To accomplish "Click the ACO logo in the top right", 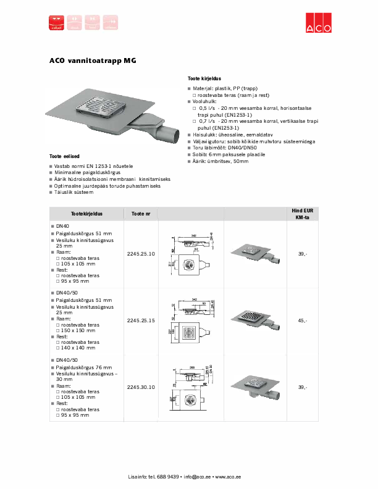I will click(319, 23).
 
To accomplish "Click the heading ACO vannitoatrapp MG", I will click(93, 61).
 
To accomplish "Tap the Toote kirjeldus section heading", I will click(204, 79).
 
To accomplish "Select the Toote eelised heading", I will click(65, 156).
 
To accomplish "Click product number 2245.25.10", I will click(141, 254).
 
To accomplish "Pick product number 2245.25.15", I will click(141, 320).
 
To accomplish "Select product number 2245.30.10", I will click(141, 387).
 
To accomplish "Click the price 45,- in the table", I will click(302, 320).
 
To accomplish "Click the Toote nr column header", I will click(141, 214).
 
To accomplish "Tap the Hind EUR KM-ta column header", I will click(302, 214).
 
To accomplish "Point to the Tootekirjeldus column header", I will click(86, 214).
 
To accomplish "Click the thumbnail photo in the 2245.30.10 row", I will click(253, 388).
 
